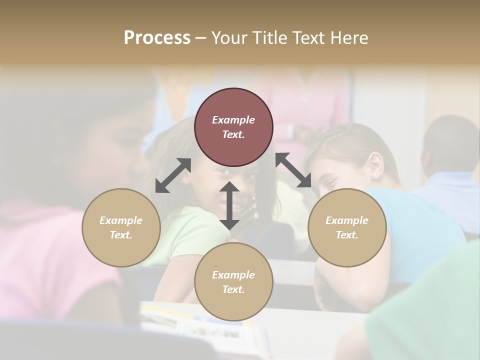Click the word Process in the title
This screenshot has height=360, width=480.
[x=157, y=38]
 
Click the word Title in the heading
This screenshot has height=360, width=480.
[x=270, y=38]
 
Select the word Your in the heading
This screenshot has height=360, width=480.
[x=230, y=38]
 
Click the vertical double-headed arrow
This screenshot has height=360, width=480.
[x=229, y=205]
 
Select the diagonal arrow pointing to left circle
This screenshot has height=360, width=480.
[x=173, y=175]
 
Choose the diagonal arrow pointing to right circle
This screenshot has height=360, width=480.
[x=293, y=170]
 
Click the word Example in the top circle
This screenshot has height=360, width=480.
[x=233, y=120]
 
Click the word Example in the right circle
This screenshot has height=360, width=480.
[x=347, y=220]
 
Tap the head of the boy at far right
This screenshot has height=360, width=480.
[x=450, y=142]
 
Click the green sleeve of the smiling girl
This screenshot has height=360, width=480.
[x=192, y=235]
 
